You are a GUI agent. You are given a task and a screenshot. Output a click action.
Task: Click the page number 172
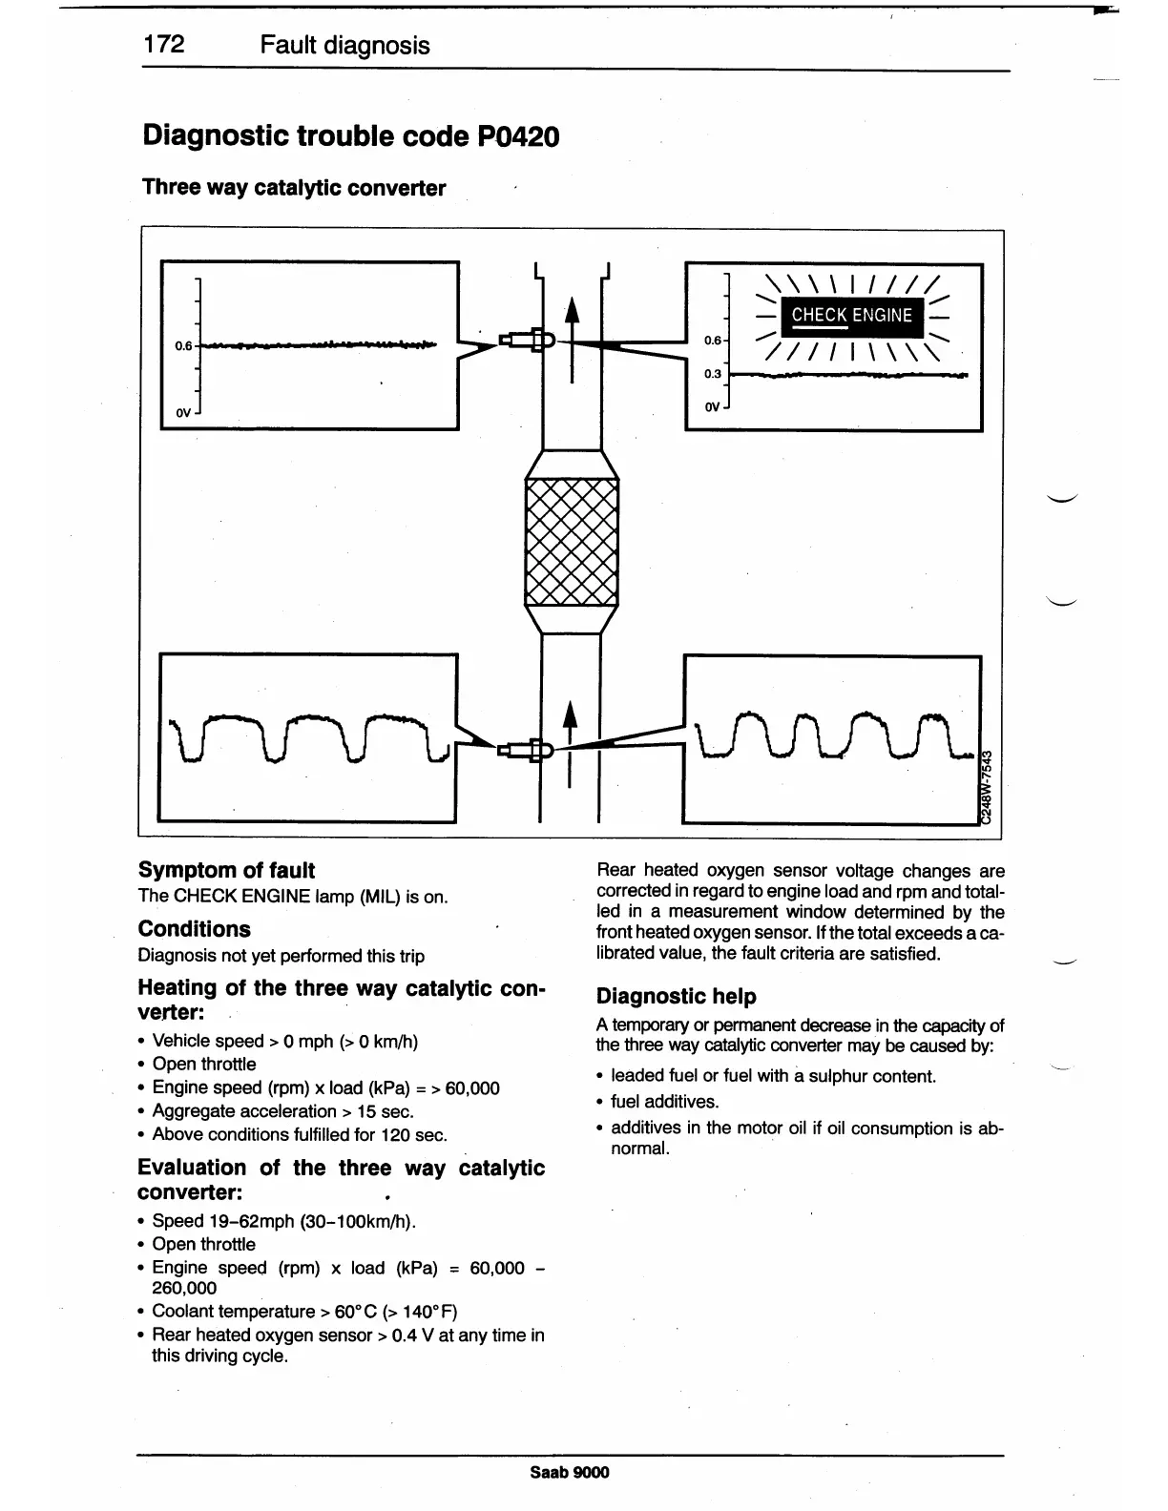click(x=164, y=45)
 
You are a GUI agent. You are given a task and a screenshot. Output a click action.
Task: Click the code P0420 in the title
click(x=515, y=136)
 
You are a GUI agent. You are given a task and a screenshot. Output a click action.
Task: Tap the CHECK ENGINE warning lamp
click(x=851, y=316)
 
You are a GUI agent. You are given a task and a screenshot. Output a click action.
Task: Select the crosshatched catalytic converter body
click(x=572, y=542)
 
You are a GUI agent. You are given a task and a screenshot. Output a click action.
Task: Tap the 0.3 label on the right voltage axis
click(x=713, y=374)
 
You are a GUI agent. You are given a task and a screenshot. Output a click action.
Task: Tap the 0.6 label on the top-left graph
click(x=183, y=345)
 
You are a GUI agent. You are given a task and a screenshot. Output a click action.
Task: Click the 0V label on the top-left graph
click(x=184, y=413)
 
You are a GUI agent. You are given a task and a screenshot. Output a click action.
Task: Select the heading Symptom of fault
click(x=226, y=870)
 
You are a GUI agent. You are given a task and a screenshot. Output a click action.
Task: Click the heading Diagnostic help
click(x=676, y=997)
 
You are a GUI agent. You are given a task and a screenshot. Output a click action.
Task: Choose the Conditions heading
click(x=195, y=929)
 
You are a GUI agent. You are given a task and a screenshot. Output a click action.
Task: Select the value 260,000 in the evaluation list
click(x=184, y=1288)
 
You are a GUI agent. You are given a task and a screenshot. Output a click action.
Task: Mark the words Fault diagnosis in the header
click(x=344, y=46)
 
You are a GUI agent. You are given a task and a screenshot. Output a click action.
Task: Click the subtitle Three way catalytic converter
click(x=294, y=188)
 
